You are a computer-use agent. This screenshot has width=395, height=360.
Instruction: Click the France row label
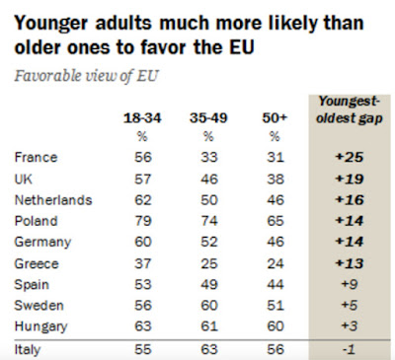click(x=36, y=157)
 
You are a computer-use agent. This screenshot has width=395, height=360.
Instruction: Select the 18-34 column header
click(x=142, y=118)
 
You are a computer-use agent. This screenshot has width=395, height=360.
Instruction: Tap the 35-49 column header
click(x=208, y=118)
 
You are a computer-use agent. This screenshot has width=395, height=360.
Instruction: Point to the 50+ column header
click(x=275, y=118)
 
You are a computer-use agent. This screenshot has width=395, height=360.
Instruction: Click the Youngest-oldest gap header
click(x=350, y=109)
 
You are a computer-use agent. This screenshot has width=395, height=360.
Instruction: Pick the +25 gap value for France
click(x=350, y=157)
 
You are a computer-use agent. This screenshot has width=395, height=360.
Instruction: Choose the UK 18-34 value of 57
click(x=143, y=179)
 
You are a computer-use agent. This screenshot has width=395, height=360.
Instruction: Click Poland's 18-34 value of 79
click(x=143, y=221)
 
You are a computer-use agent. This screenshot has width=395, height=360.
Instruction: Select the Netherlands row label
click(x=53, y=200)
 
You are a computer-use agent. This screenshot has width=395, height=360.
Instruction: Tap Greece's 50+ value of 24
click(x=276, y=263)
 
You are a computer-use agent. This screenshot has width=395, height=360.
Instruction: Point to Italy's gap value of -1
click(x=349, y=349)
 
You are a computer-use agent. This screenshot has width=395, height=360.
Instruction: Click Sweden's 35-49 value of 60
click(x=209, y=305)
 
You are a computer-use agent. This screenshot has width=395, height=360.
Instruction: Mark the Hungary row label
click(x=40, y=326)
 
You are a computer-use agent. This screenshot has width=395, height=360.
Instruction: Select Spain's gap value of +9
click(x=350, y=284)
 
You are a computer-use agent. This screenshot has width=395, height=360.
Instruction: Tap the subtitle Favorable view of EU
click(x=87, y=76)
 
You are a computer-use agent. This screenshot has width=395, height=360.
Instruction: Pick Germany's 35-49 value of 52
click(x=209, y=242)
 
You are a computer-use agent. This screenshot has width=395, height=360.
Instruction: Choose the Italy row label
click(x=28, y=349)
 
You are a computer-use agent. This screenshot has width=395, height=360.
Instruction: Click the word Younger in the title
click(x=51, y=24)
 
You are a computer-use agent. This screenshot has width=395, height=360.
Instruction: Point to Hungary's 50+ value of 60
click(x=276, y=325)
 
